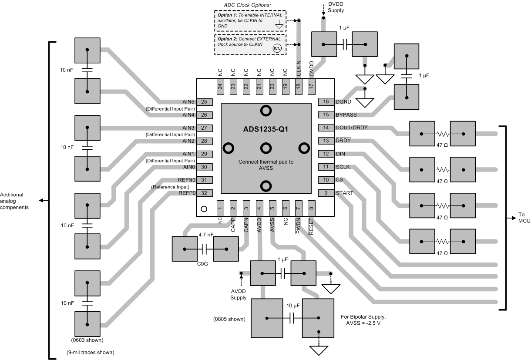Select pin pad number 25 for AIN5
pos(204,102)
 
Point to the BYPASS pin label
pos(346,115)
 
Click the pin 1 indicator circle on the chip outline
pos(204,209)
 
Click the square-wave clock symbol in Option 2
pos(277,48)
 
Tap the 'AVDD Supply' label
pos(238,295)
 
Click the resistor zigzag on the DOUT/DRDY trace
pos(443,134)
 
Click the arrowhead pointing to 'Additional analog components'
pos(41,200)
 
